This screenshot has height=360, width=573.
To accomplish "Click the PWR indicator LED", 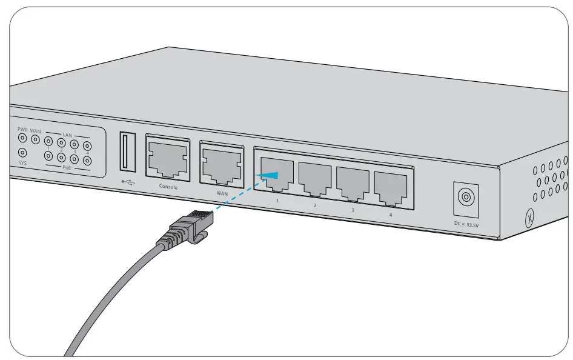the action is [23, 139].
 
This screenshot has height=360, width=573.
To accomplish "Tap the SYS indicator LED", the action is [23, 153].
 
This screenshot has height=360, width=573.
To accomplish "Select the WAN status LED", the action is [36, 140].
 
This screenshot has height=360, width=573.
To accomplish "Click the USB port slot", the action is [128, 151].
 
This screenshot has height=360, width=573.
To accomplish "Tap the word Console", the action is [168, 187].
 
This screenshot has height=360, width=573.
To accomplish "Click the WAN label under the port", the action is [223, 193].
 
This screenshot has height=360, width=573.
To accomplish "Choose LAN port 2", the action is [315, 178].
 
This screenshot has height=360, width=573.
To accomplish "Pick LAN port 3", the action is [353, 183].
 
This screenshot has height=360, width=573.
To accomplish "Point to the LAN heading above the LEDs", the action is [67, 135].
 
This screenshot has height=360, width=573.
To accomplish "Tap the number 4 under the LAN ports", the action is [390, 215].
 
